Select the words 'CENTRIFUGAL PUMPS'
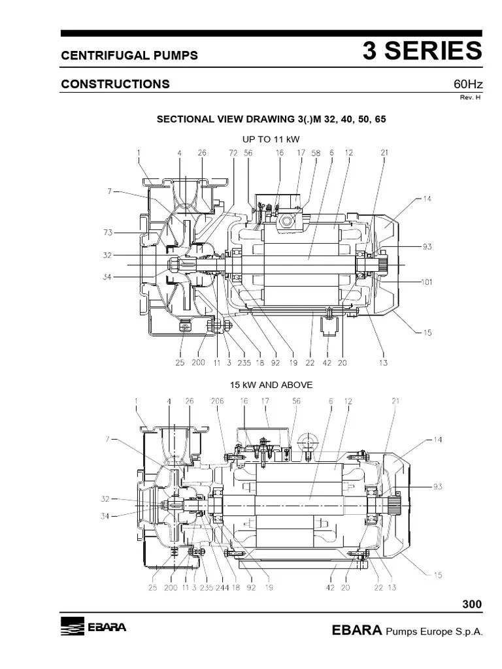129,56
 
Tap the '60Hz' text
467,84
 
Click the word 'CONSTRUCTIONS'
115,84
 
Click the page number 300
471,604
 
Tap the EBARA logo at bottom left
93,628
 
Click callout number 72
233,153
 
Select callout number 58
316,153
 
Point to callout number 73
108,232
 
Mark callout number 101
427,283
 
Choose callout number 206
218,402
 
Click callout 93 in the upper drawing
427,247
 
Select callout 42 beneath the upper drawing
327,363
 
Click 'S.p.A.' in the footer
465,632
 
